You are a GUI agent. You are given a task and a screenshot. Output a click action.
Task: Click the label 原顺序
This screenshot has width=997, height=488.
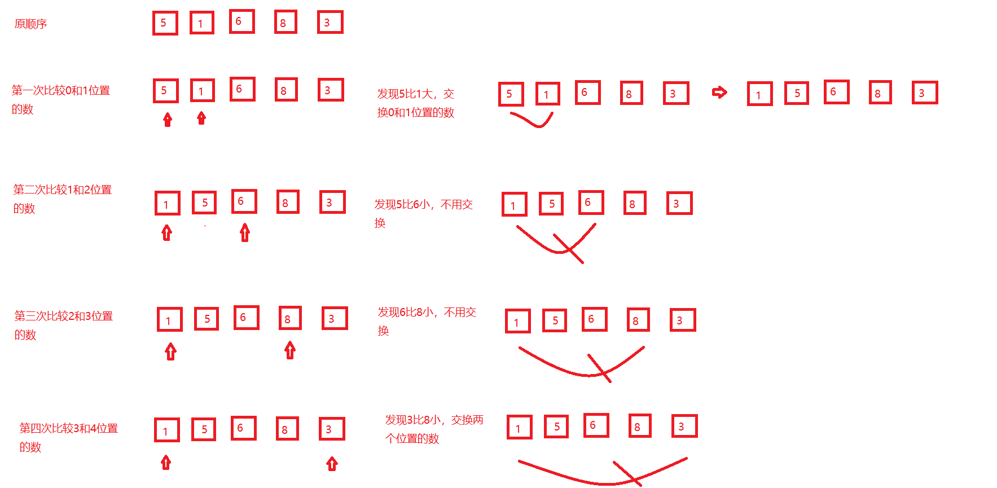point(30,24)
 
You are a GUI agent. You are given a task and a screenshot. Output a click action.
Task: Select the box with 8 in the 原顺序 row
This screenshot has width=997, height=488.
point(286,23)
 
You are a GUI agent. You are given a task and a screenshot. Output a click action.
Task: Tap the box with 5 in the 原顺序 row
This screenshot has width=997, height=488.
point(165,23)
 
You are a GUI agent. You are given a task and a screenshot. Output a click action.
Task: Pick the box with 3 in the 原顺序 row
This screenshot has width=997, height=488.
point(330,23)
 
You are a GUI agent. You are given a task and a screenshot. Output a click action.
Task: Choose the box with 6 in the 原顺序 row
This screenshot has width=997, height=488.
point(241,21)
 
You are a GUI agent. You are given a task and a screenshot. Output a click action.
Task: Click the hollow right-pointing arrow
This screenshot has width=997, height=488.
point(719,92)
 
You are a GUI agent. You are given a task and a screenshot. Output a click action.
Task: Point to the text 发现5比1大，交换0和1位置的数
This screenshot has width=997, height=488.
point(416,103)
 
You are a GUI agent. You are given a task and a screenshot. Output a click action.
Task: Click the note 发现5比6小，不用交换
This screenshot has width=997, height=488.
point(423,213)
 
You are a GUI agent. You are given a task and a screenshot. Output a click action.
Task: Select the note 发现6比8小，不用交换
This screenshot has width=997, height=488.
point(427,321)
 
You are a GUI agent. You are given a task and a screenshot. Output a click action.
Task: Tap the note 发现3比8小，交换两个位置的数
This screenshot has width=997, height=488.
point(434,429)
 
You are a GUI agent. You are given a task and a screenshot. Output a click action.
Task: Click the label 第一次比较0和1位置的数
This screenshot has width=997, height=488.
point(61,99)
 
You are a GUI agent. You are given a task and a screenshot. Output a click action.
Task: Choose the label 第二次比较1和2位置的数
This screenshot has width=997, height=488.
point(62,199)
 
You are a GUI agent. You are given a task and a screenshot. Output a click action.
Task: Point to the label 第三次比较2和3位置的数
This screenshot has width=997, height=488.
point(63,325)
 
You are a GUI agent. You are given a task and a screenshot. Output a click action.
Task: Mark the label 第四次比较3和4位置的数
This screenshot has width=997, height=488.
point(68,437)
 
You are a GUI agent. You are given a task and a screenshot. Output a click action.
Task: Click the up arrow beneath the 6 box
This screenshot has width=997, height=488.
point(244,232)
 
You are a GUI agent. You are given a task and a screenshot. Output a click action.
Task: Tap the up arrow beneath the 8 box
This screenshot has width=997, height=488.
point(290,350)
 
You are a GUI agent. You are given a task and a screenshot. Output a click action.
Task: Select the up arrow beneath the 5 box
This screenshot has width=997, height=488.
point(168,119)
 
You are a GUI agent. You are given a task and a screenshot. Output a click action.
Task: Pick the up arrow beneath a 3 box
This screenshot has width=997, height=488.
point(332,464)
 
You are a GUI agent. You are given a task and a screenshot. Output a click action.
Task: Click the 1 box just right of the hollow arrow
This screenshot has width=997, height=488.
point(759,94)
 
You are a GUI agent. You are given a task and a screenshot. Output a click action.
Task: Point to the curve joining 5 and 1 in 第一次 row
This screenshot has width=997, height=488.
point(532,121)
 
